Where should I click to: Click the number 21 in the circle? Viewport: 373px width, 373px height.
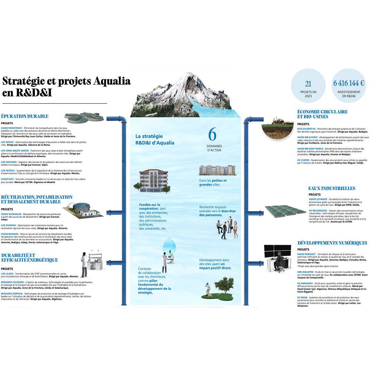(x=308, y=84)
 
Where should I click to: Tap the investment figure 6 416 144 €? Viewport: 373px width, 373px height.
(x=348, y=84)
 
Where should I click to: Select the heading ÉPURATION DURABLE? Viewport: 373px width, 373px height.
(x=25, y=116)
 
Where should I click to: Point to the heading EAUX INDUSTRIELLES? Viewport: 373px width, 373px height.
(x=332, y=189)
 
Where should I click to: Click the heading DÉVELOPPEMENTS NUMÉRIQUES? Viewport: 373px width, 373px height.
(x=332, y=243)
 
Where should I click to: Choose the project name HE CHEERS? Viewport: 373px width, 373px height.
(x=303, y=160)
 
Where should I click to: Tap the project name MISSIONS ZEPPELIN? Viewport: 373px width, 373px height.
(x=12, y=293)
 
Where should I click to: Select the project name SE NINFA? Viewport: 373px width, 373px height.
(x=303, y=297)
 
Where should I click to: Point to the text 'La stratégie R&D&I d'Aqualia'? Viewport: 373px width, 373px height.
(x=155, y=140)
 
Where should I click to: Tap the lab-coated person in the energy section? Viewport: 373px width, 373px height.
(x=84, y=265)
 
